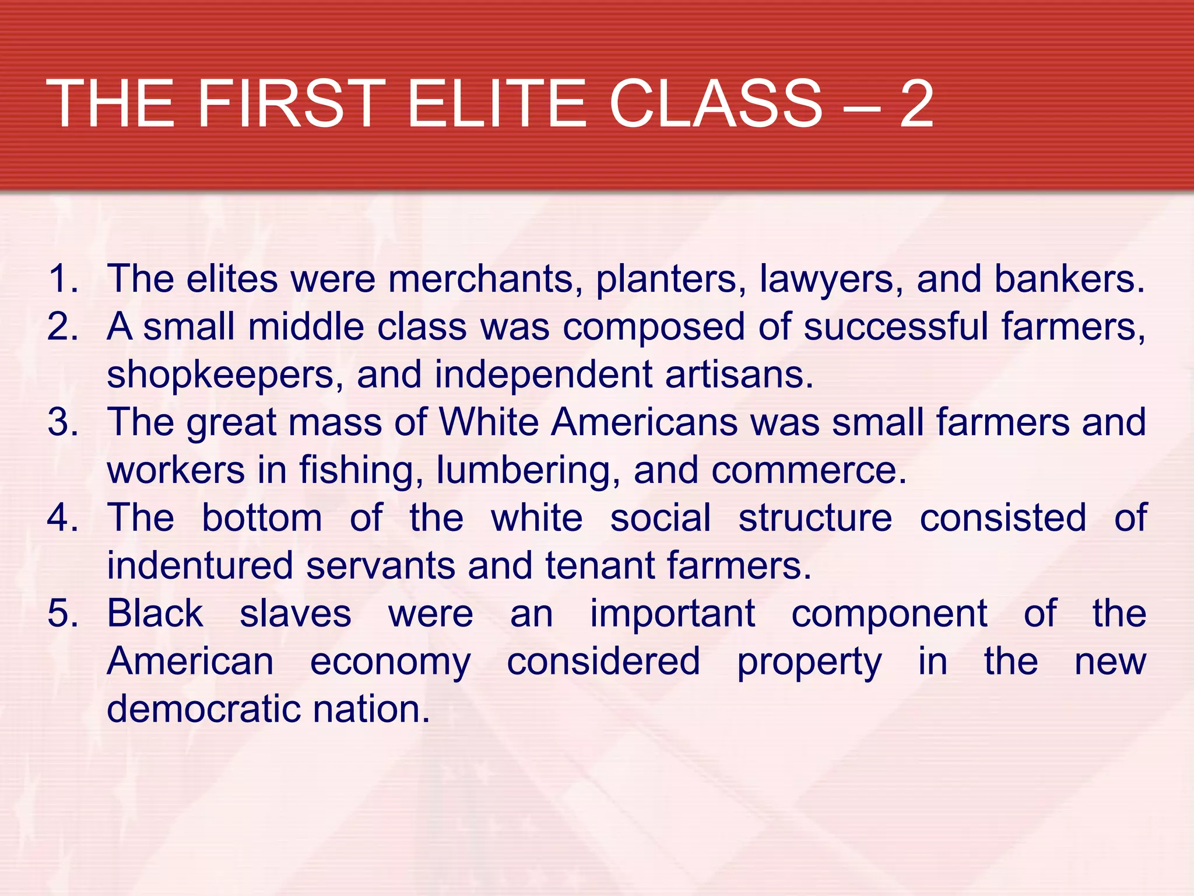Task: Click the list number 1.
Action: [x=63, y=278]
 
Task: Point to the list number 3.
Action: [x=63, y=422]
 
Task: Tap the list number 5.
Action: [x=63, y=613]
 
